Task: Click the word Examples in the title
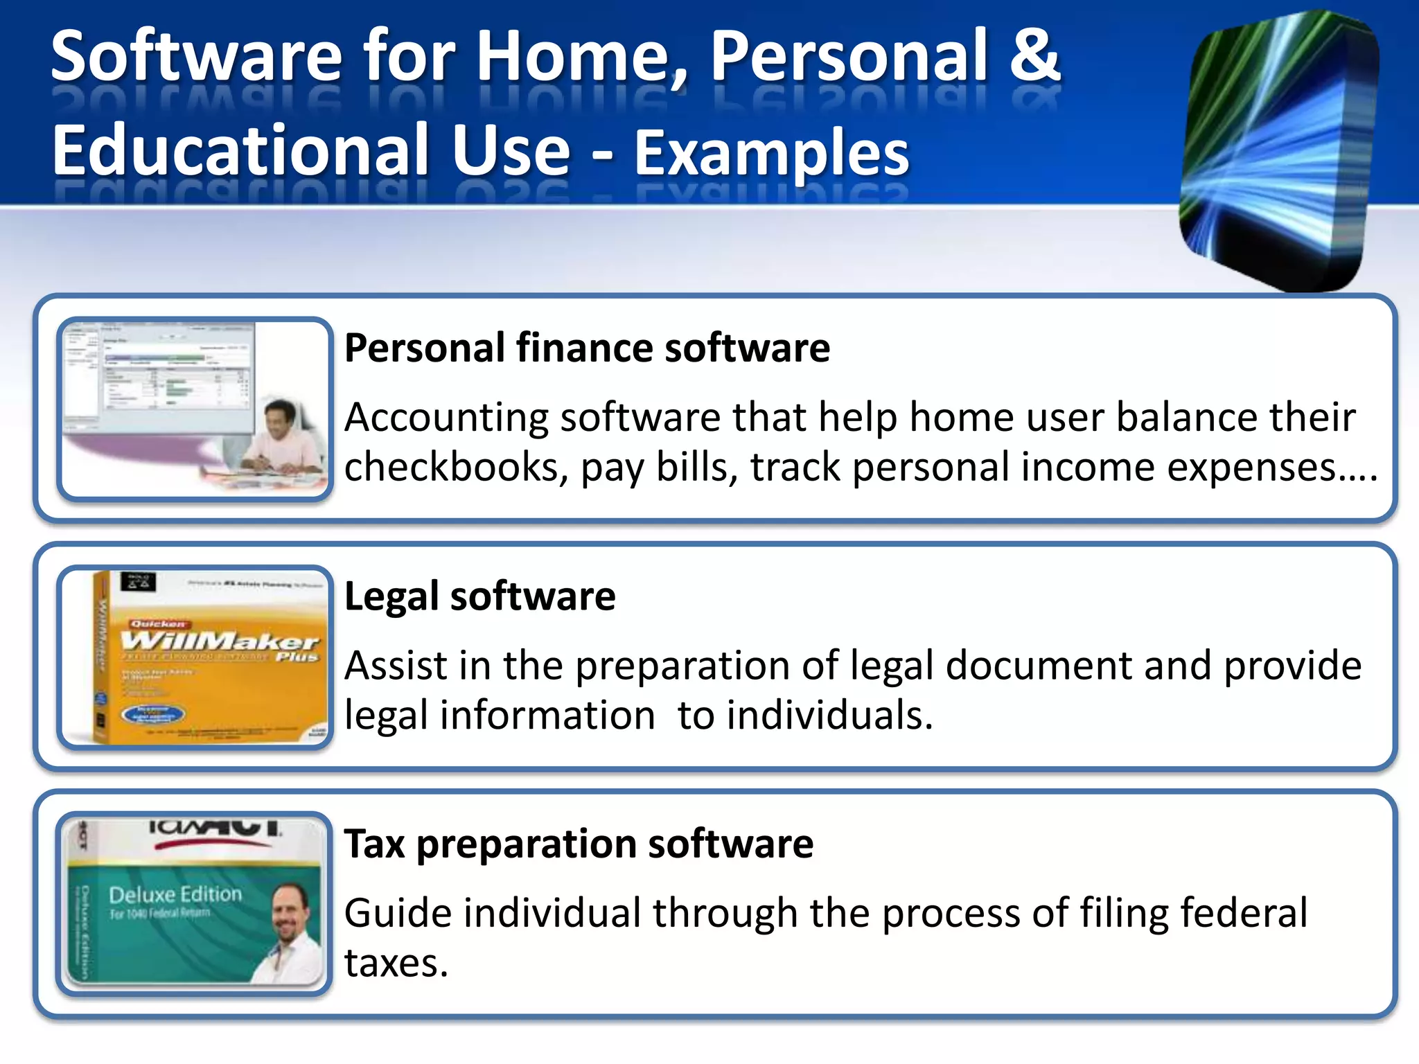click(771, 153)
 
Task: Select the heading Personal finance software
click(587, 347)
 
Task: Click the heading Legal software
click(479, 596)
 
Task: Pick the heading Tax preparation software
click(579, 844)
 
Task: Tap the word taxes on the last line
click(396, 963)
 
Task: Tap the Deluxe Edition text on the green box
click(175, 894)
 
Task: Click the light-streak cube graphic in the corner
click(1278, 149)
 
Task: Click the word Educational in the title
click(241, 151)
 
